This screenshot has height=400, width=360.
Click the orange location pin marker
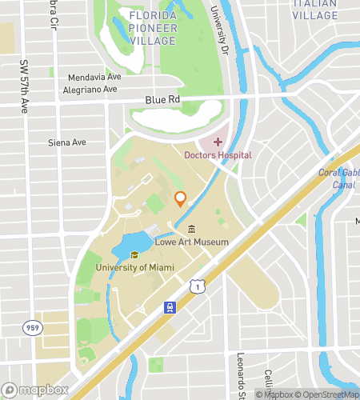[x=180, y=199]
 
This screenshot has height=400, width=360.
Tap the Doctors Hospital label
[x=218, y=155]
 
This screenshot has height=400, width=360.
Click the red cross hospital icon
[x=218, y=142]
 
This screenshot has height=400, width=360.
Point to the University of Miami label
[x=133, y=267]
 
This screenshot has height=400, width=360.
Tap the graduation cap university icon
[x=134, y=254]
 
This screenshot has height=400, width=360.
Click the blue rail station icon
[x=170, y=306]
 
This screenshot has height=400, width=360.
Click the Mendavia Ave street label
[x=94, y=78]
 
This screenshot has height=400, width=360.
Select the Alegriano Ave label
[x=94, y=91]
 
